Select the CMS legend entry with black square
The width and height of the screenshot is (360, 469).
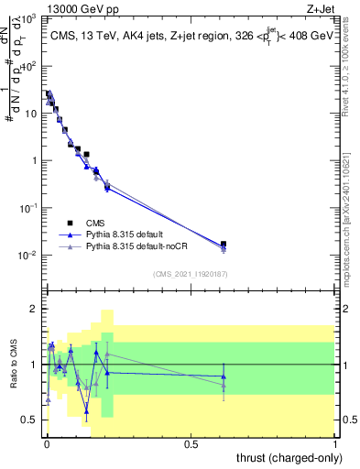coord(70,223)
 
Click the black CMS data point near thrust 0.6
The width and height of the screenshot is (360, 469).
coord(224,245)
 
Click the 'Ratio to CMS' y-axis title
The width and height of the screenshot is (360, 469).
coord(14,365)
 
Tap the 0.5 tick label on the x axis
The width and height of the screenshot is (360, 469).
coord(191,443)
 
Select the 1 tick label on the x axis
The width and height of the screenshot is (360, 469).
coord(336,443)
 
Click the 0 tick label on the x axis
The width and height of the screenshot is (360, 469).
coord(47,443)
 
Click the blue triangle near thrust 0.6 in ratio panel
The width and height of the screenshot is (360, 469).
coord(224,376)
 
